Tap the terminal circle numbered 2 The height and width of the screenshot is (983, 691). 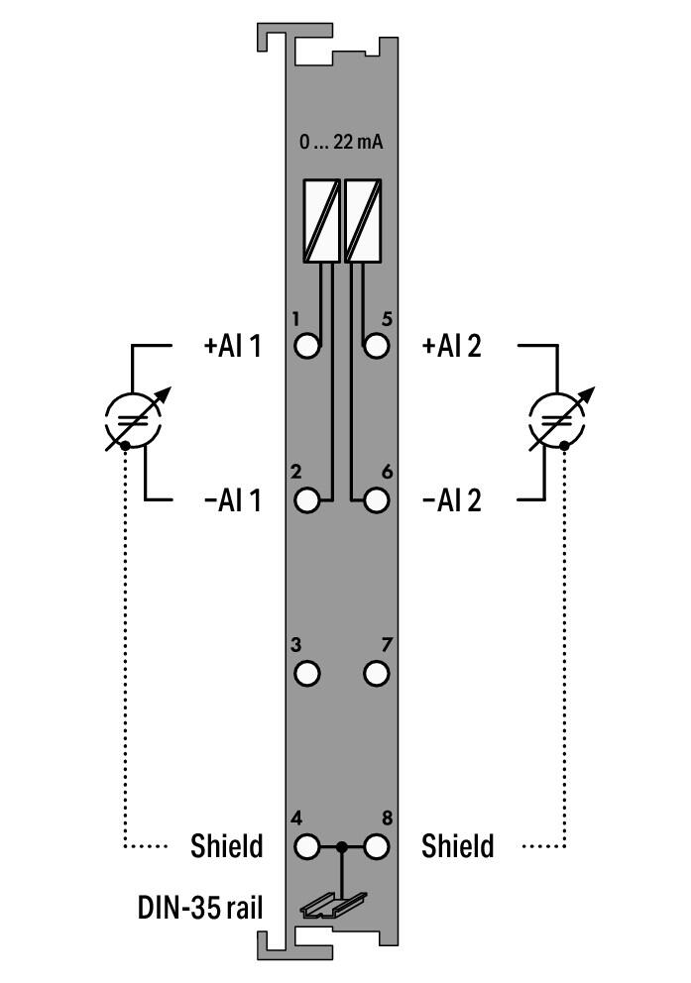tap(308, 499)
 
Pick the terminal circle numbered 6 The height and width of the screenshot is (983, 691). tap(376, 499)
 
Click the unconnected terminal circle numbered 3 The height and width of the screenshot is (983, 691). tap(308, 674)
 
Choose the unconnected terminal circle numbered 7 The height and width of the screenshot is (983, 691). tap(376, 674)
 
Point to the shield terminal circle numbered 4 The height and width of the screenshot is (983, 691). tap(308, 847)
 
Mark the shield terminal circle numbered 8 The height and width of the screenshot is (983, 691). tap(376, 847)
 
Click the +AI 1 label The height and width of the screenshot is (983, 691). tap(232, 347)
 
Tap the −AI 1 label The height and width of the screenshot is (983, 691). tap(232, 500)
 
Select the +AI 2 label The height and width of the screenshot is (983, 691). tap(452, 347)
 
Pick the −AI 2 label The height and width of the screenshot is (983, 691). tap(452, 500)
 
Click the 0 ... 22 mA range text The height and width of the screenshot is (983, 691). tap(342, 142)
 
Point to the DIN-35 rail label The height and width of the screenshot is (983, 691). tap(201, 907)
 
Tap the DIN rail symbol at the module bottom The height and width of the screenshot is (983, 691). tap(333, 904)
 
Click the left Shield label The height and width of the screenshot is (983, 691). tap(227, 847)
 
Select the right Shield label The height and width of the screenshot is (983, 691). tap(457, 847)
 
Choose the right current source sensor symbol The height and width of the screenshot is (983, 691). tap(558, 420)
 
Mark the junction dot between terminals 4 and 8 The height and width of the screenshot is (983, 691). tap(342, 847)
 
